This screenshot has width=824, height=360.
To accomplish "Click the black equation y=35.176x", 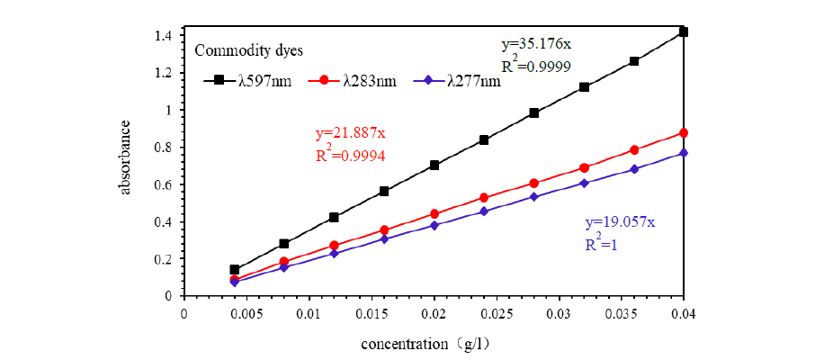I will pos(536,44).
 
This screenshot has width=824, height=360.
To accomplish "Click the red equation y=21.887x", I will pos(350,133).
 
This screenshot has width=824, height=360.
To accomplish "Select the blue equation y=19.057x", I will pos(620,222).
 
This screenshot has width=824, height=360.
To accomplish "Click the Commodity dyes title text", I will pos(249,52).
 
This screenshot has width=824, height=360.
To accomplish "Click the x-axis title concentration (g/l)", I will pos(424,344).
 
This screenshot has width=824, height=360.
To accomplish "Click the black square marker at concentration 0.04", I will pos(684,32).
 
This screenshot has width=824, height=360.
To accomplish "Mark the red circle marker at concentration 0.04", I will pos(684,133).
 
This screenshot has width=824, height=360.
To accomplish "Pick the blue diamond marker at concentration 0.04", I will pos(684,152).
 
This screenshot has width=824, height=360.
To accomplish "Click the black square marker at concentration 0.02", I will pos(434,165).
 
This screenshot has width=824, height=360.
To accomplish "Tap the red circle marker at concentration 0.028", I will pos(534,183).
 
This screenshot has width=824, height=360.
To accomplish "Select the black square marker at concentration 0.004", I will pos(235,269).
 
